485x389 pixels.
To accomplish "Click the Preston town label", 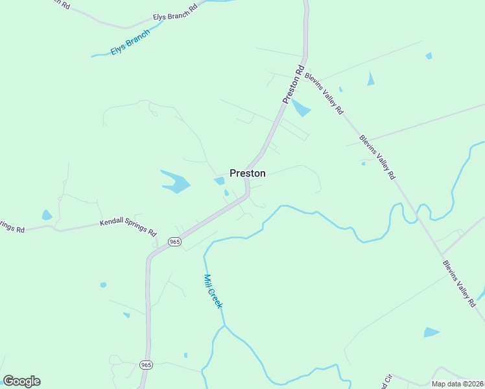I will click(x=247, y=173).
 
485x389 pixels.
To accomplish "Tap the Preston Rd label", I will click(x=293, y=84).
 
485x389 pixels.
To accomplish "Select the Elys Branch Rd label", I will click(x=174, y=16).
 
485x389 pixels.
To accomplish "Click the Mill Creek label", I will click(x=213, y=291).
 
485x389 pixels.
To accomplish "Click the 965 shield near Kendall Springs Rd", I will click(x=174, y=241).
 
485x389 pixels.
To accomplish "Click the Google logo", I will click(x=21, y=381).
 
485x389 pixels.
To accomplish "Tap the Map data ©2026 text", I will click(x=458, y=384).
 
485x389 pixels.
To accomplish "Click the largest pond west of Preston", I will click(x=175, y=182).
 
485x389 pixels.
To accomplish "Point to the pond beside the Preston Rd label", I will click(x=300, y=108).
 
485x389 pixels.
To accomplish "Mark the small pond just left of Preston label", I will click(x=219, y=180).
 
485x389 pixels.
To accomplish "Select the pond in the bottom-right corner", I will click(x=431, y=333).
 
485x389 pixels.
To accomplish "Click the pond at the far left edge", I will click(x=47, y=215).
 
